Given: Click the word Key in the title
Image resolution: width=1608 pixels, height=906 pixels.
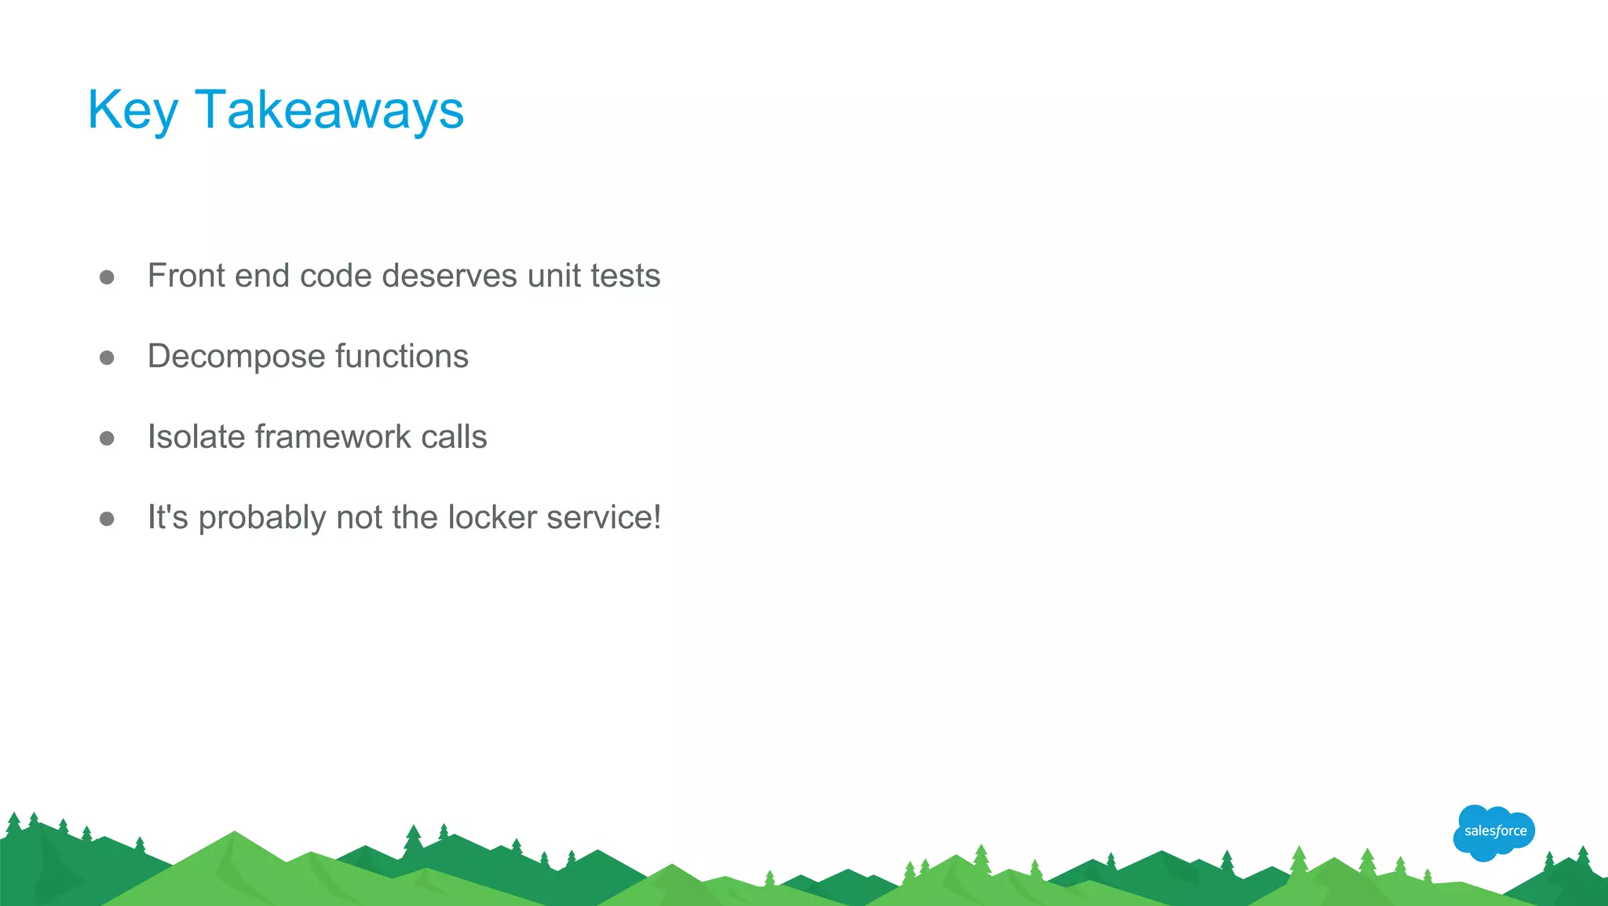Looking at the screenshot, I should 133,111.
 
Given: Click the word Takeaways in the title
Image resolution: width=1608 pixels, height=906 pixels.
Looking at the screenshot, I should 329,109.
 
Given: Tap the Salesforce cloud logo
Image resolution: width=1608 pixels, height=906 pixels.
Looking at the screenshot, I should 1494,832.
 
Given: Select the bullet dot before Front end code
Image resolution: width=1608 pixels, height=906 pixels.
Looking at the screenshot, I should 108,277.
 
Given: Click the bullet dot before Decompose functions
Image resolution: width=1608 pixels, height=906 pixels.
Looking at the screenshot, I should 108,358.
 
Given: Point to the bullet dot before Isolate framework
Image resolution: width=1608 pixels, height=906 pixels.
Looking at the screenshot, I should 108,438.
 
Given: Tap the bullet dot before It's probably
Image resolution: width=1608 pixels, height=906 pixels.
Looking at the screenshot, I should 108,519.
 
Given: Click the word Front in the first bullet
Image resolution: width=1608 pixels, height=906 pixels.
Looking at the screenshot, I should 186,276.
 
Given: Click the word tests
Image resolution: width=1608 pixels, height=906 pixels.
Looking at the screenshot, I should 625,276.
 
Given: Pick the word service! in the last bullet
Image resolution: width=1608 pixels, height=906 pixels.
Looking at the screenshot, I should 604,518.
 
